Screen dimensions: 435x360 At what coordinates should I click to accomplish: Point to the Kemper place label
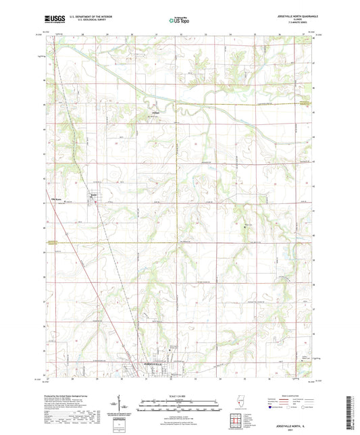coord(156,112)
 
